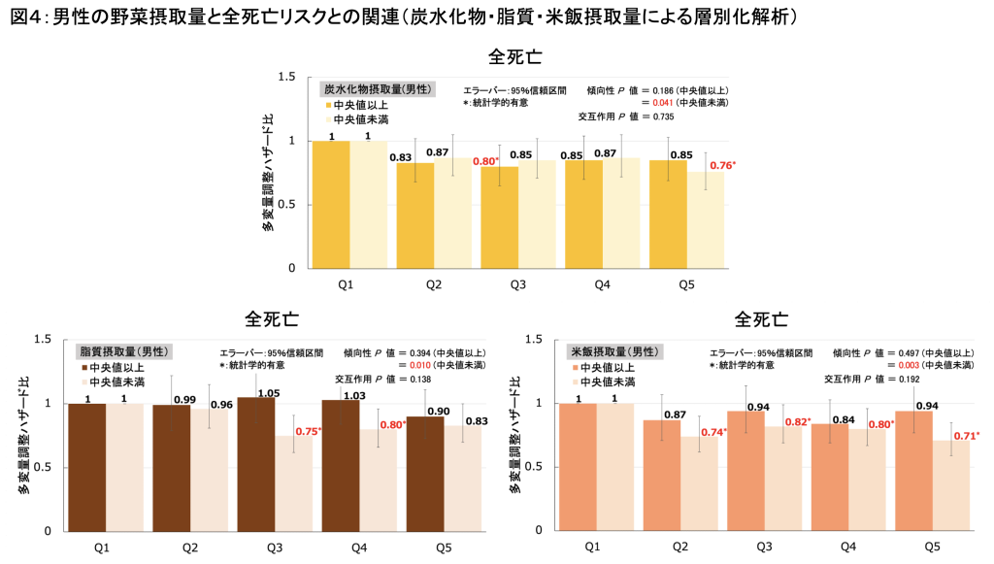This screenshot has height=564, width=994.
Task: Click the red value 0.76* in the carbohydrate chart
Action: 721,165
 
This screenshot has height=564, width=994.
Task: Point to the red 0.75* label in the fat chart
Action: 308,431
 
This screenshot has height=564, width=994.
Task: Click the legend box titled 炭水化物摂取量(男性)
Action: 379,88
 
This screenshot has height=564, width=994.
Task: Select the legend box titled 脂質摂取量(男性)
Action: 124,350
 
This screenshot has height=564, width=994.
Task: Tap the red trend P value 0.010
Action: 417,365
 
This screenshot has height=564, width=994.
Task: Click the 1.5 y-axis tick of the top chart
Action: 287,77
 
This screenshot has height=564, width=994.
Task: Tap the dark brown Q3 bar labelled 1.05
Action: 256,466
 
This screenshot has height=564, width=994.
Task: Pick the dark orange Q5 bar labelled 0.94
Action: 913,472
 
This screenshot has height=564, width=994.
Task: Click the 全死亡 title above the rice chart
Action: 761,319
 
